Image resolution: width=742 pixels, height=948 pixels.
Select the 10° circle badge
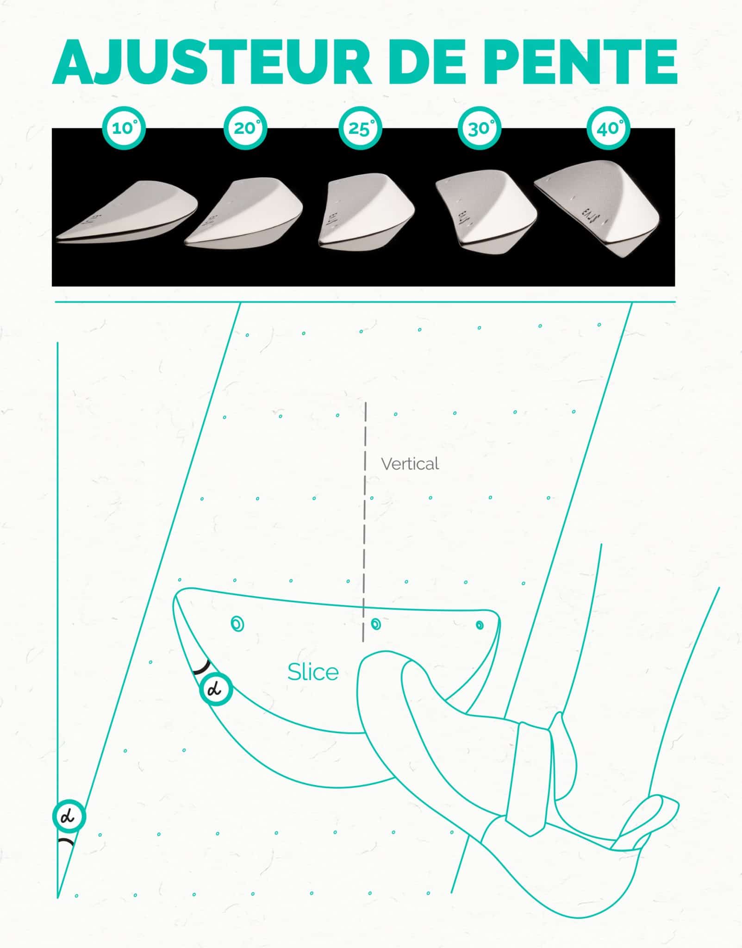point(124,128)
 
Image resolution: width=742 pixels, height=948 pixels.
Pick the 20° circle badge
point(245,128)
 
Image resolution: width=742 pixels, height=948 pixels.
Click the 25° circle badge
point(360,128)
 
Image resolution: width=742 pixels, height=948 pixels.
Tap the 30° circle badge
point(480,128)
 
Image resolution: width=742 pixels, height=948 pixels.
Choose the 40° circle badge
point(608,128)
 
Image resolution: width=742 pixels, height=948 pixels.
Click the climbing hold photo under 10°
point(127,212)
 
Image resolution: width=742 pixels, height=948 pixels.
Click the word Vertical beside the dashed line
point(410,464)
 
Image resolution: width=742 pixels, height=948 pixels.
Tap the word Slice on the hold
point(313,672)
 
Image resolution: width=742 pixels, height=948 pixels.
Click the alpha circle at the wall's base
point(69,817)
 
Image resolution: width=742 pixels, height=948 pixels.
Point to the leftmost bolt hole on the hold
point(238,624)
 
